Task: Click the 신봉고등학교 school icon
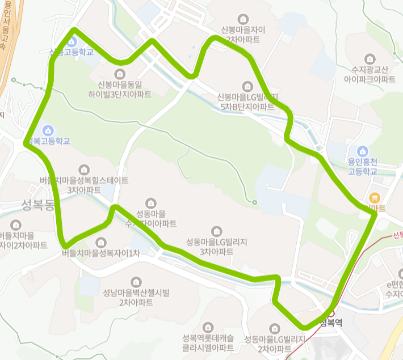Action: click(72, 41)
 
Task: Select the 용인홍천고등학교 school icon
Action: click(363, 151)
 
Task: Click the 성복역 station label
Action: click(332, 323)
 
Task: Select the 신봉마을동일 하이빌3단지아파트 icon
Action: click(120, 74)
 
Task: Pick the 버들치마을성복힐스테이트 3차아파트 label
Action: click(84, 185)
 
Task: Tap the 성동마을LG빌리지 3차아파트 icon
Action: click(216, 231)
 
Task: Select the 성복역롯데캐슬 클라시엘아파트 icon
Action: click(208, 327)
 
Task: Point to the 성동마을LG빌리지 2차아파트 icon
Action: click(275, 328)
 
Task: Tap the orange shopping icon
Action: click(374, 198)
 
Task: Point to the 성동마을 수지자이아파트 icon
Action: click(151, 202)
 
